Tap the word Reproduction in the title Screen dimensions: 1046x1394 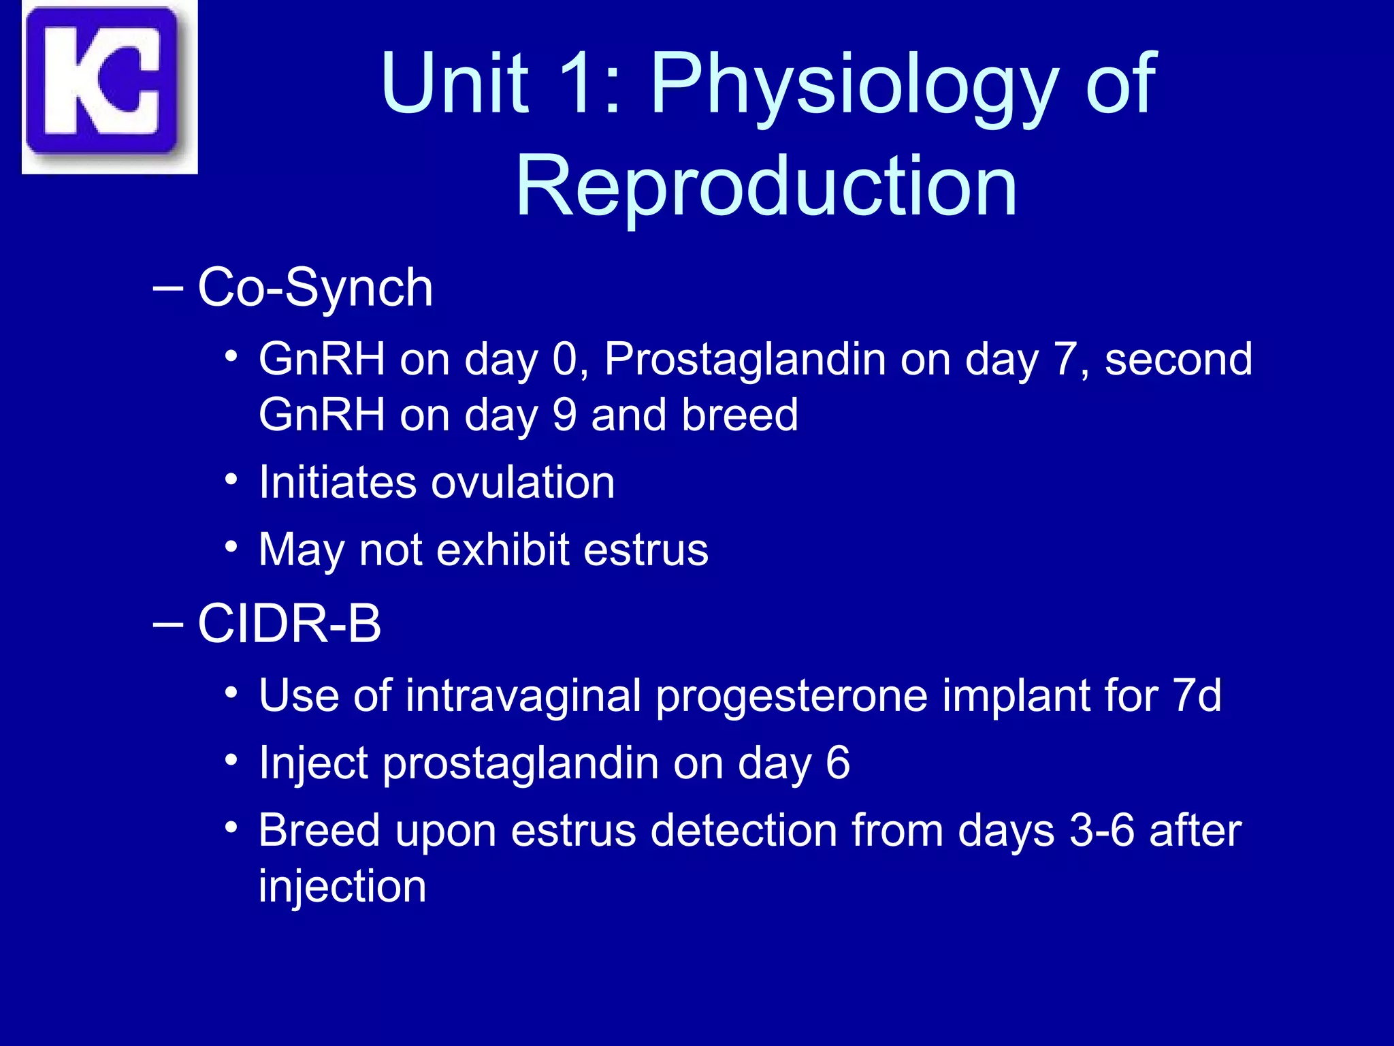(x=766, y=186)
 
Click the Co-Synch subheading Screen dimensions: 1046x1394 (x=314, y=288)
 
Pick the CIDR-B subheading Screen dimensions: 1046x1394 (x=289, y=624)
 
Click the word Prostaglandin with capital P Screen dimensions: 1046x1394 (x=745, y=360)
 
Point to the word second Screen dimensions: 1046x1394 (x=1178, y=360)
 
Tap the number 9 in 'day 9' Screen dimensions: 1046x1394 (x=564, y=415)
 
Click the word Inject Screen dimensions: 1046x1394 (x=313, y=763)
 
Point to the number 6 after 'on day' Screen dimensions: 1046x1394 (x=837, y=763)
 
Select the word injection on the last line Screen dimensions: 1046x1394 (x=342, y=887)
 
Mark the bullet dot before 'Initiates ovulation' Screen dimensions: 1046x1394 (x=231, y=480)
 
